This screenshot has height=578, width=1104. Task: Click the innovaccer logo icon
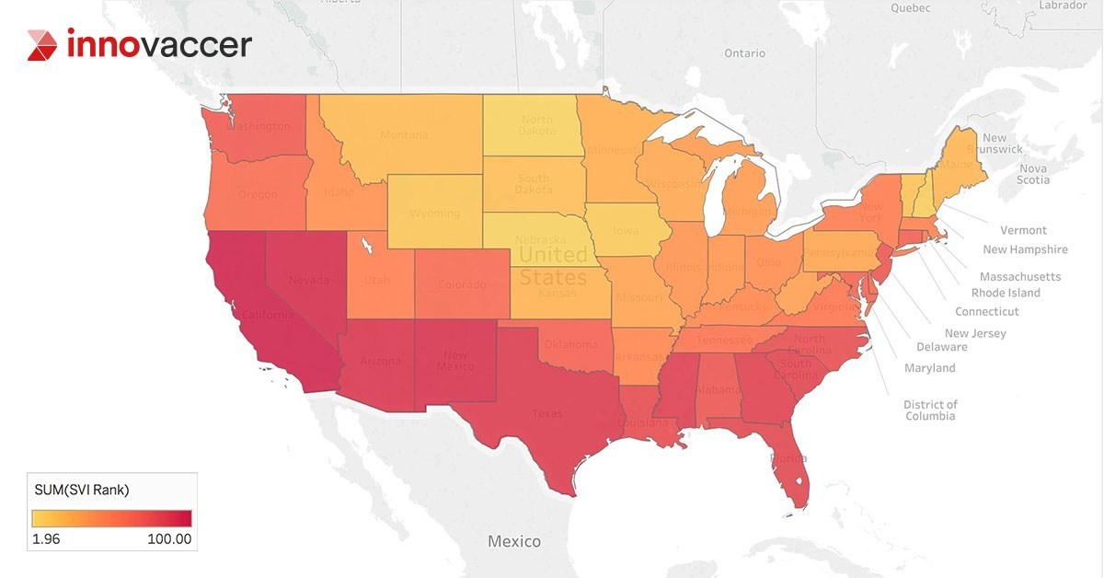pyautogui.click(x=42, y=45)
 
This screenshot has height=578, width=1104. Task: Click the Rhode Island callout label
pyautogui.click(x=1006, y=293)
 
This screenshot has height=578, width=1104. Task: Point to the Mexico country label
pyautogui.click(x=514, y=541)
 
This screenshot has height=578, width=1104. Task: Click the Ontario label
pyautogui.click(x=744, y=53)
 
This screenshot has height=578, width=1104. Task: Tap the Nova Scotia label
pyautogui.click(x=1033, y=175)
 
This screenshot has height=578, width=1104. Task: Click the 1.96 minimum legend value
pyautogui.click(x=46, y=539)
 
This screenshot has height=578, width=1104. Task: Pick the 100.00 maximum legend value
pyautogui.click(x=169, y=539)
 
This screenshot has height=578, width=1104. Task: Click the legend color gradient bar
pyautogui.click(x=111, y=517)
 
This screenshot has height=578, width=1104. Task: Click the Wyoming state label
pyautogui.click(x=434, y=214)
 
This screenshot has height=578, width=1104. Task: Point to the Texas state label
pyautogui.click(x=547, y=414)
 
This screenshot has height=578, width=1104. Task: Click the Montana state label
pyautogui.click(x=404, y=135)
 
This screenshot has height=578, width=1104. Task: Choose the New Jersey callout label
pyautogui.click(x=975, y=333)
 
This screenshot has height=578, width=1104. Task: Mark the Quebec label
pyautogui.click(x=911, y=7)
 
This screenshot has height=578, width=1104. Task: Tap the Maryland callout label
pyautogui.click(x=929, y=368)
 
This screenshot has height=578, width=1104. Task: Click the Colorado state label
pyautogui.click(x=461, y=285)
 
